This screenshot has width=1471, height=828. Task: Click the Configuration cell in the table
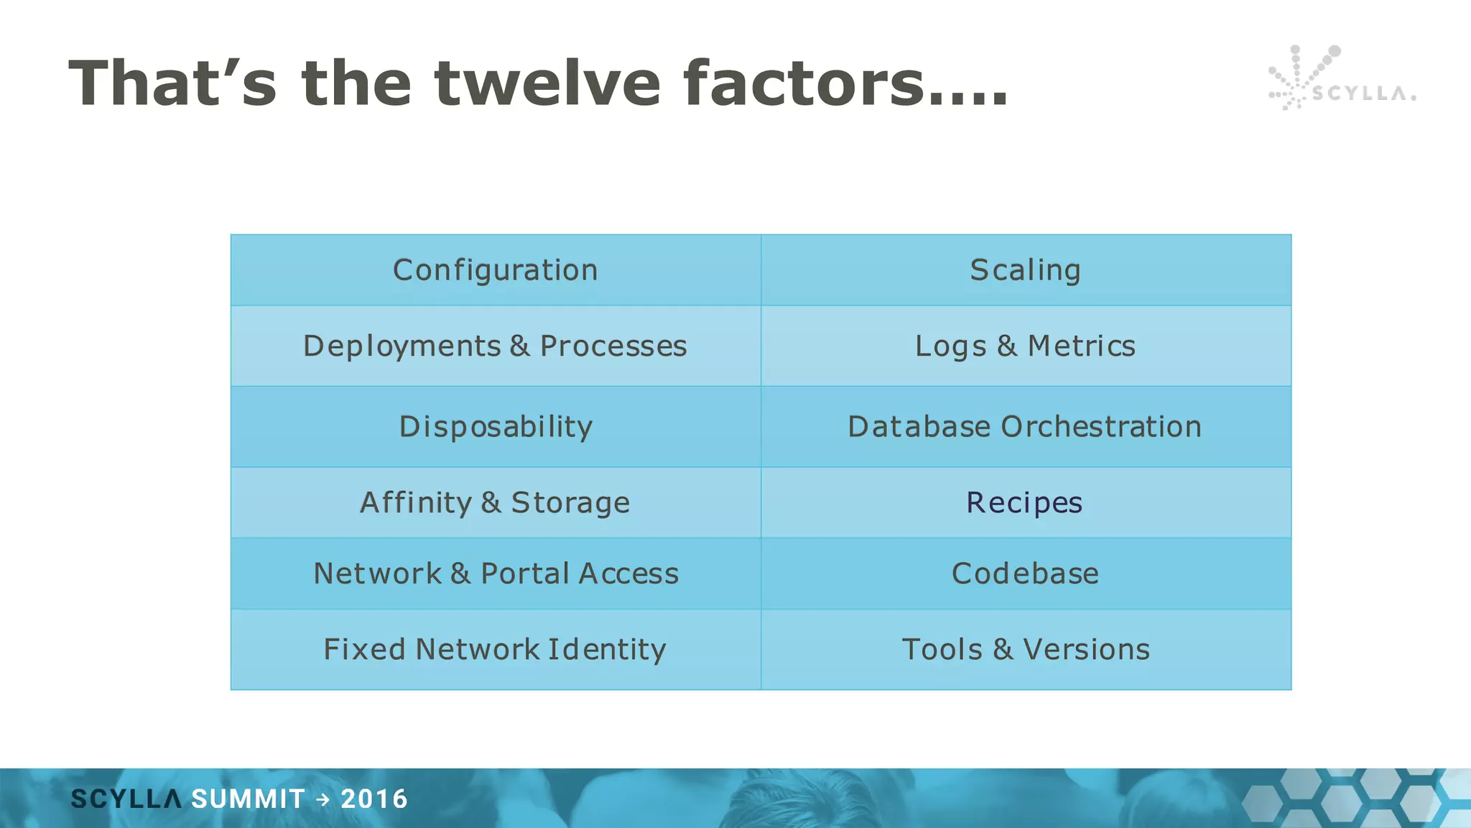pos(495,270)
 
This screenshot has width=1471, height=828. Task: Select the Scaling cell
pos(1025,270)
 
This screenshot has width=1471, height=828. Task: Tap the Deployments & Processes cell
pos(495,346)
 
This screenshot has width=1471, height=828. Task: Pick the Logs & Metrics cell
pos(1025,346)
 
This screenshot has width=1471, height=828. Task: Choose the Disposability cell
pos(495,426)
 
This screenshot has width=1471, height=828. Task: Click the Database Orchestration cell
pos(1025,426)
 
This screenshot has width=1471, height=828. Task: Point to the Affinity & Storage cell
pos(495,502)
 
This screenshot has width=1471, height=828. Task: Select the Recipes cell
pos(1024,502)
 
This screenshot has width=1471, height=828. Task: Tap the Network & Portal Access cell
pos(495,574)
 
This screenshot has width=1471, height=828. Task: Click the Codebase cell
pos(1025,574)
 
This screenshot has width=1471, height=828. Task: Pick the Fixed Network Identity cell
pos(495,649)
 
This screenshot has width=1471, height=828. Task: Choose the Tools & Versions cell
pos(1025,649)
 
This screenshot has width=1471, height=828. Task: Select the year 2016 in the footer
pos(374,799)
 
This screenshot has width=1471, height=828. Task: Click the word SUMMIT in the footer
pos(249,799)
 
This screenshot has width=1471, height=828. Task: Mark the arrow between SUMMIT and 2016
pos(323,799)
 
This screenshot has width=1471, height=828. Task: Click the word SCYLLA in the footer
pos(126,799)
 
